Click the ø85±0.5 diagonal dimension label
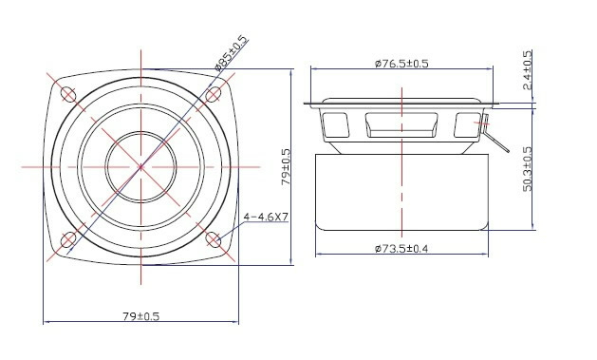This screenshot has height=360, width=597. tap(231, 53)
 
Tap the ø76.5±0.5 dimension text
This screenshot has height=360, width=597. tap(401, 64)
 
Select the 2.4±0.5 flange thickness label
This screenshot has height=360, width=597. tap(528, 69)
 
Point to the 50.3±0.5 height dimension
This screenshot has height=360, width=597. tap(528, 169)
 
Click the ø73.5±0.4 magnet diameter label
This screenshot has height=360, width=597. tap(401, 249)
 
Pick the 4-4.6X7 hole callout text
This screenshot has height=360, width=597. tap(266, 217)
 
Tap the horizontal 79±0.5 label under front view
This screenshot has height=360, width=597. tap(140, 316)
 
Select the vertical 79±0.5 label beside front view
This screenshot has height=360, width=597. tap(286, 167)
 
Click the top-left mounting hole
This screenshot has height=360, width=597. tap(68, 94)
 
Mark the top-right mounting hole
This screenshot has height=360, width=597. tap(214, 94)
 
